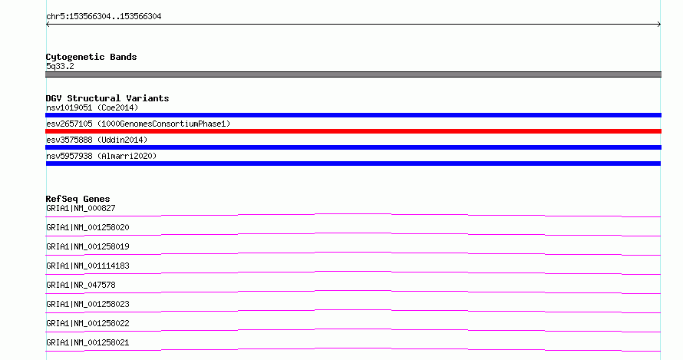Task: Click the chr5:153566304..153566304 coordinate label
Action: tap(104, 17)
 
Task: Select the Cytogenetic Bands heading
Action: tap(91, 57)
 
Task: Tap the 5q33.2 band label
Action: tap(60, 66)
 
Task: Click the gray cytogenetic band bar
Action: tap(353, 74)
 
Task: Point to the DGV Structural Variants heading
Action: tap(107, 98)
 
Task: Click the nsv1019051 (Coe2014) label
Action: tap(92, 107)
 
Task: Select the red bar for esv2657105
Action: tap(353, 131)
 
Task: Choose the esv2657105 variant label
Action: tap(138, 124)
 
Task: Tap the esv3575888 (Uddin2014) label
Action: tap(97, 140)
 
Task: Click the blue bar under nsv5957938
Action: tap(353, 163)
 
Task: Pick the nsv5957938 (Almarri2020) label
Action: tap(101, 156)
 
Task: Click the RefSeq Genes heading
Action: tap(78, 199)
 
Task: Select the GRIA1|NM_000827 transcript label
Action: tap(81, 208)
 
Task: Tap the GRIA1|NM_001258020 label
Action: tap(87, 227)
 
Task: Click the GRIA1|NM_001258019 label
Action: tap(87, 246)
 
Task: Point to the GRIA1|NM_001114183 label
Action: tap(87, 266)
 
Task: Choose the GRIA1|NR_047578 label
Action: tap(81, 285)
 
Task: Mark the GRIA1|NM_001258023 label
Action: tap(87, 304)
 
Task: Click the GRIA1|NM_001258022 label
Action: tap(87, 323)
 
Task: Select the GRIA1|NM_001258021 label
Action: tap(87, 342)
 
